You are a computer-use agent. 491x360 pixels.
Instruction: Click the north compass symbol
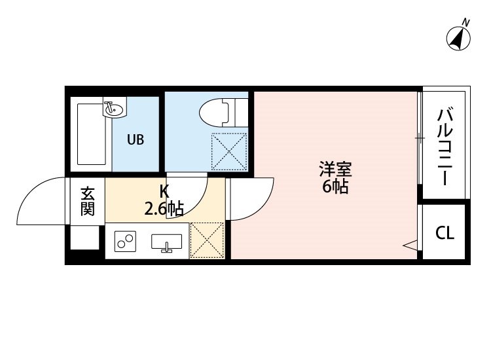click(460, 38)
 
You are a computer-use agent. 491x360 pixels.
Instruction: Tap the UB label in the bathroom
click(136, 139)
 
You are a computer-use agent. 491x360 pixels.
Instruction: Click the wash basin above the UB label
click(113, 109)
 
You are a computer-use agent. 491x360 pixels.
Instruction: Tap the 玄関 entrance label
click(88, 201)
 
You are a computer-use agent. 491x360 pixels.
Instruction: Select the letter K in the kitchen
click(164, 192)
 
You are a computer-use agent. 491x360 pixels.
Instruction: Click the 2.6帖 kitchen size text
click(164, 209)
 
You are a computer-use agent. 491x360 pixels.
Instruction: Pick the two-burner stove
click(125, 242)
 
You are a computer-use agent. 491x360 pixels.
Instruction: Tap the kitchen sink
click(167, 243)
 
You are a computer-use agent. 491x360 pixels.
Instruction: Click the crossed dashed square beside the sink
click(207, 240)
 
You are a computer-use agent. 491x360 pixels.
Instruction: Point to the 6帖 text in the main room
click(335, 187)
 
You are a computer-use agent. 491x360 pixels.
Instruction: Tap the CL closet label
click(445, 233)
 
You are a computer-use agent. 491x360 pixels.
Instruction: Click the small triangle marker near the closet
click(411, 246)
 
